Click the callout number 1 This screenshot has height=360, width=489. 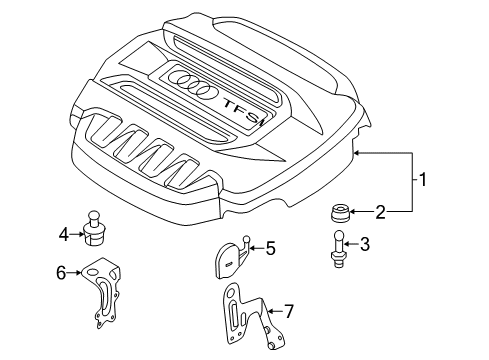point(422,180)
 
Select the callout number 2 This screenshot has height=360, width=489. point(380,212)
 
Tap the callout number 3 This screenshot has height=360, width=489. point(365,244)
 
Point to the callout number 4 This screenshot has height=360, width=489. point(64,235)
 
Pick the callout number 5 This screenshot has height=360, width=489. point(270,248)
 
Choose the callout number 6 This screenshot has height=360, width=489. point(61,273)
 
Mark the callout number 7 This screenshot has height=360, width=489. point(289,311)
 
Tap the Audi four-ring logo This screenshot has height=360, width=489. point(190,84)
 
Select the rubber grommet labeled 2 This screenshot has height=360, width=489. point(339,213)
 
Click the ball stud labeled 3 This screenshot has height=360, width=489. point(338,249)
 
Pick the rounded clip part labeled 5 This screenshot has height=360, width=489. point(231,258)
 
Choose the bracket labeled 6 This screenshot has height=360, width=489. point(102,292)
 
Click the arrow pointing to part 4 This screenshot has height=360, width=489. point(77,234)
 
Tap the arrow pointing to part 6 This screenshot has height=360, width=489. point(74,273)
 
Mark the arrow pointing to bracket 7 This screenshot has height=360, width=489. point(275,311)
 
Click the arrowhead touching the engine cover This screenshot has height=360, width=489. point(357,153)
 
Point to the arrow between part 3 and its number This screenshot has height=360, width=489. point(352,244)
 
